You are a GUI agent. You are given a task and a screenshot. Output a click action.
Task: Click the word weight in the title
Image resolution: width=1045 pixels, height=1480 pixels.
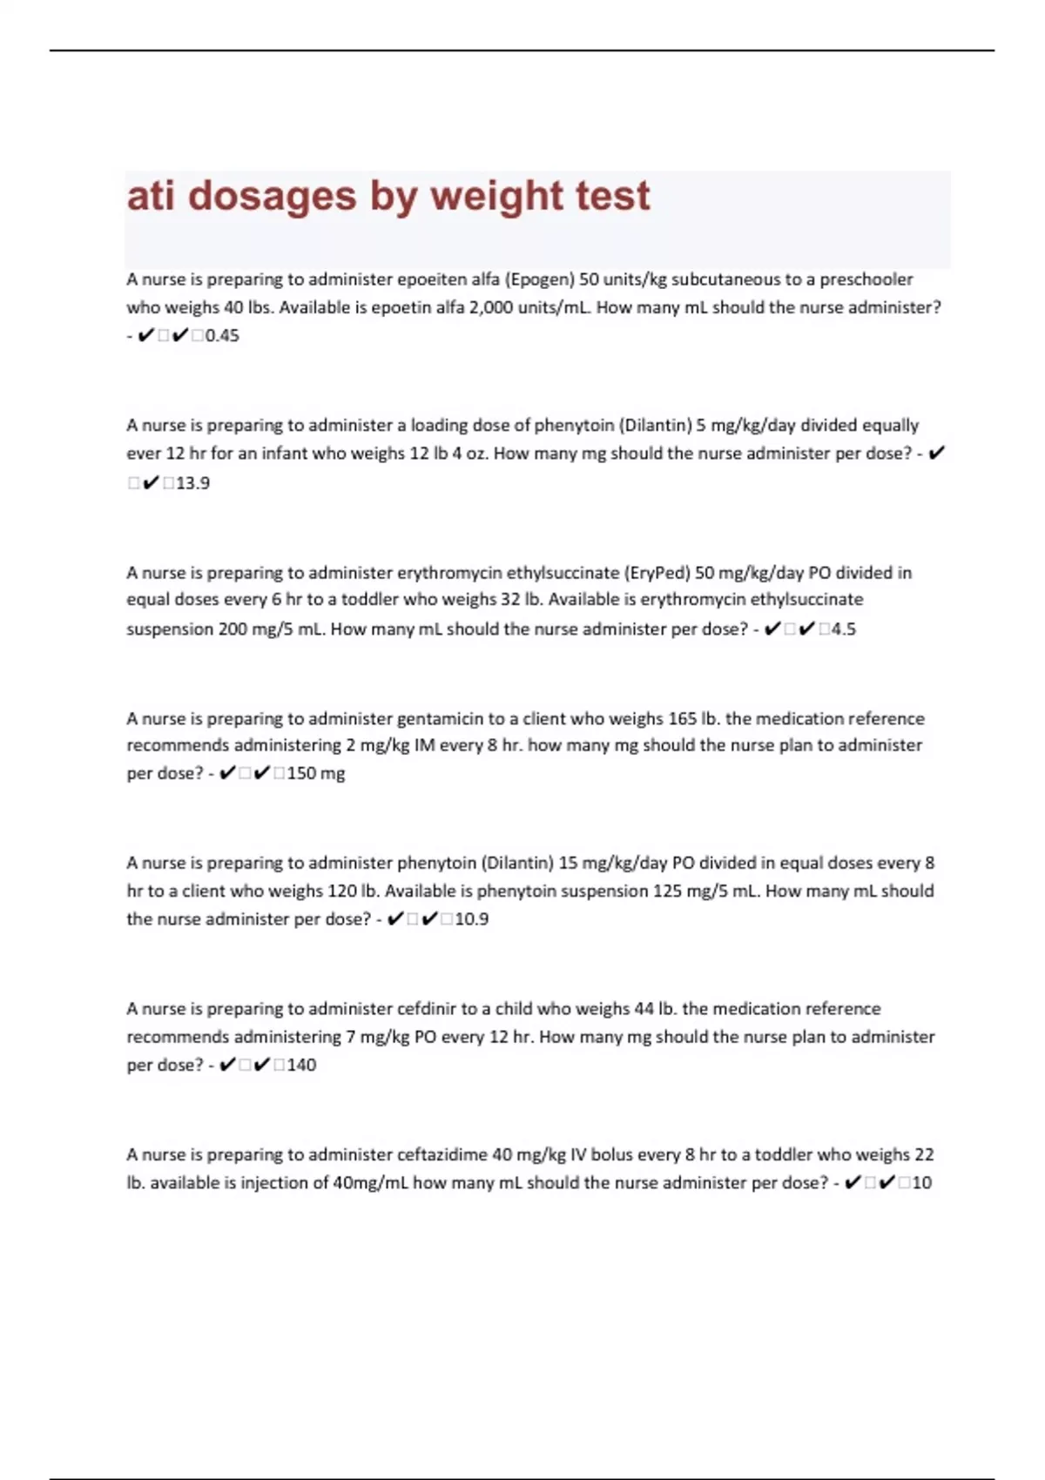point(484,197)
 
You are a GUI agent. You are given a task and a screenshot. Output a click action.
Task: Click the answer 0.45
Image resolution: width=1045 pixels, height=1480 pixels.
point(222,336)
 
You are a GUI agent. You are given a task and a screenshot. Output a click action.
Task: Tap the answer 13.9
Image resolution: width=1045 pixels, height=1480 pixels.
point(192,483)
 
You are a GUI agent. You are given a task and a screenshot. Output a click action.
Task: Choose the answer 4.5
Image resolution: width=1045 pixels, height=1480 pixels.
point(843,629)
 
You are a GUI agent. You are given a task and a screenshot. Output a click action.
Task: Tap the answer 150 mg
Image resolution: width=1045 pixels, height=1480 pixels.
point(316,773)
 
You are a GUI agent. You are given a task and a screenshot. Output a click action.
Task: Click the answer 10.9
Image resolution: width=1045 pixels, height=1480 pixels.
point(471,919)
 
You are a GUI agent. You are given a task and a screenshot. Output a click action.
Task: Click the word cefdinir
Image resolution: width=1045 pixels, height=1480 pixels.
point(427,1009)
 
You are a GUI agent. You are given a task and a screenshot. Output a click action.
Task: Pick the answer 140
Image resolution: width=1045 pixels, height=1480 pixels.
point(301,1065)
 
